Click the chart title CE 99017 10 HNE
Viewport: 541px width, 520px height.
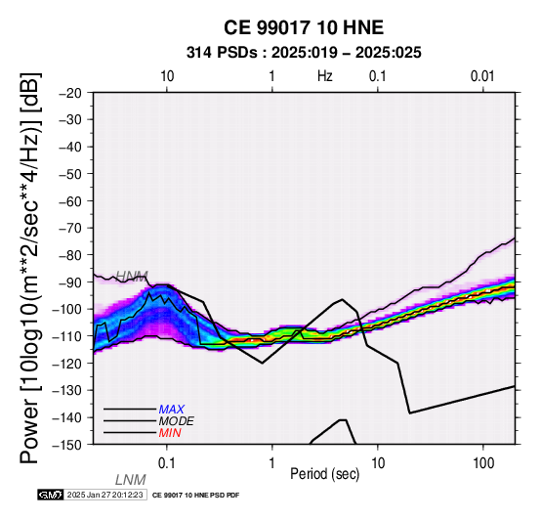(304, 27)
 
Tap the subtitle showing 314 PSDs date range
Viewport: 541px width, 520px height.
(304, 53)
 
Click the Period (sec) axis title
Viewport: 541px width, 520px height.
(324, 474)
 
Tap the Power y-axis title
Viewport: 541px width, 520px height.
(30, 268)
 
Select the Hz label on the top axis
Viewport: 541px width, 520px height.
(324, 76)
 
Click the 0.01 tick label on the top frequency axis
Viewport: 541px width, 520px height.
(482, 76)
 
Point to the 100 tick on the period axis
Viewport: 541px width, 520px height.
(483, 463)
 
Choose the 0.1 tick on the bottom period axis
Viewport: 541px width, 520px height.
(167, 463)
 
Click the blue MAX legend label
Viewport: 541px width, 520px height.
(172, 410)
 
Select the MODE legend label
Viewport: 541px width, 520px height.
(177, 421)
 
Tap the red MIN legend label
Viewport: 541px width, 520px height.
(170, 433)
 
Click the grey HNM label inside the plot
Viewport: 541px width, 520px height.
(132, 276)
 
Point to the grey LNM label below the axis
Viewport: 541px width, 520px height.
(131, 480)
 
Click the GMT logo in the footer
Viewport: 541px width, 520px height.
(51, 495)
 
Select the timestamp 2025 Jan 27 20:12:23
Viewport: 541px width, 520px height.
(104, 495)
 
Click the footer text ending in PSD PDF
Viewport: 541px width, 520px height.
(195, 496)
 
